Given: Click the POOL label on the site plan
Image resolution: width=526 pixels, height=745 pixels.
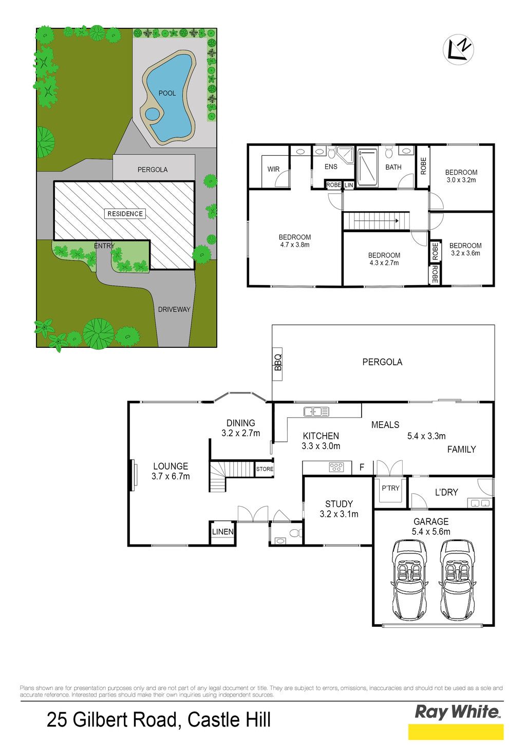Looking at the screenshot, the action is [167, 93].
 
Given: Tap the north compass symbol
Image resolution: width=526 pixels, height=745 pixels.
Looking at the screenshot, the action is [458, 49].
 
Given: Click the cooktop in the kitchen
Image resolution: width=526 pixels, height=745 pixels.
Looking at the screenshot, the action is [336, 467].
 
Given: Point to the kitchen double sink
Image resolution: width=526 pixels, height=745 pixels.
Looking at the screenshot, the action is [316, 412].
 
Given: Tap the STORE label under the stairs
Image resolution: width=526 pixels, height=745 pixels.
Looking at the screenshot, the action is [265, 469].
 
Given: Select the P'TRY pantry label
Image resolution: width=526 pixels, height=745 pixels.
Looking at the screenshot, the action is [390, 488].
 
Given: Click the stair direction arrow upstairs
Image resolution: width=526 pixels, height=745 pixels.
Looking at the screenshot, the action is [376, 220].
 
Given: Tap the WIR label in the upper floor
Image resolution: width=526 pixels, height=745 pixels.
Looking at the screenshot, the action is [273, 169].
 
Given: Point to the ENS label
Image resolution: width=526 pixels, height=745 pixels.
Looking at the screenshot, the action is [331, 166].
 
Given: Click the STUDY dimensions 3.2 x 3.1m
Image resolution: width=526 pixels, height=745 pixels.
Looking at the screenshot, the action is [339, 514].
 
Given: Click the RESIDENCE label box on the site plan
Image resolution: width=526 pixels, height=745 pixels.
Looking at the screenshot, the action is [125, 214].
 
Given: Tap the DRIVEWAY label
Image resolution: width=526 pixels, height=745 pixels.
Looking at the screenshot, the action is [174, 309].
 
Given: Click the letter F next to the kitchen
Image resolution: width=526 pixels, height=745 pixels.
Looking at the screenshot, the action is [362, 467].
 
